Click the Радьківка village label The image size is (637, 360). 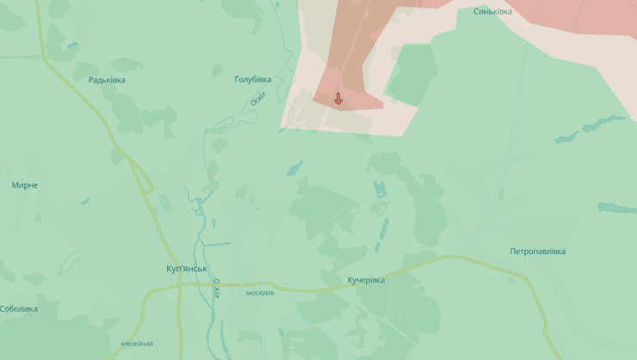107,80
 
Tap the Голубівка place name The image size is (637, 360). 253,79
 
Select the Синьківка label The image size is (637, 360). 492,11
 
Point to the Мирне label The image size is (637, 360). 25,185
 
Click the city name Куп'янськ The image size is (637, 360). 188,269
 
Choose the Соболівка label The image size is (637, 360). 19,309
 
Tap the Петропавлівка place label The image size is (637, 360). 537,251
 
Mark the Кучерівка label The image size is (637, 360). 366,280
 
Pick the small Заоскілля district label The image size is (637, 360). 259,294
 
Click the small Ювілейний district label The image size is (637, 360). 137,344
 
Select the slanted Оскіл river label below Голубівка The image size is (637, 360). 259,99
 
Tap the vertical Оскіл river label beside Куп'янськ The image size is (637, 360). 217,289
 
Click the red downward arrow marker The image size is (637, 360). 338,98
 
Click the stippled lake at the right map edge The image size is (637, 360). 618,208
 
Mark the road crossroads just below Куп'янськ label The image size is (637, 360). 180,285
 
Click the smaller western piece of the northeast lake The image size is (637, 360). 566,136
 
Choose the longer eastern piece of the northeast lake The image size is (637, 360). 604,124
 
